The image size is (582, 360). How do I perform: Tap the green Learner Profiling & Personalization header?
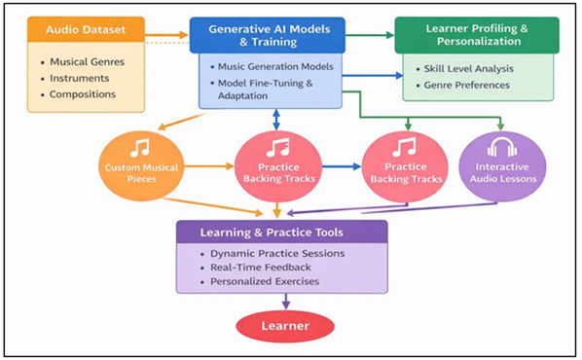[477, 33]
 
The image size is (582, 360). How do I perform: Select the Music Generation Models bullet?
[275, 65]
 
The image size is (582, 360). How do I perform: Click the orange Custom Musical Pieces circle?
[141, 165]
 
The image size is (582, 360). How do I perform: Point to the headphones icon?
[500, 148]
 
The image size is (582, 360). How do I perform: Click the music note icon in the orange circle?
[141, 148]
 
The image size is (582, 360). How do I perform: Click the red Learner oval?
[284, 325]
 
